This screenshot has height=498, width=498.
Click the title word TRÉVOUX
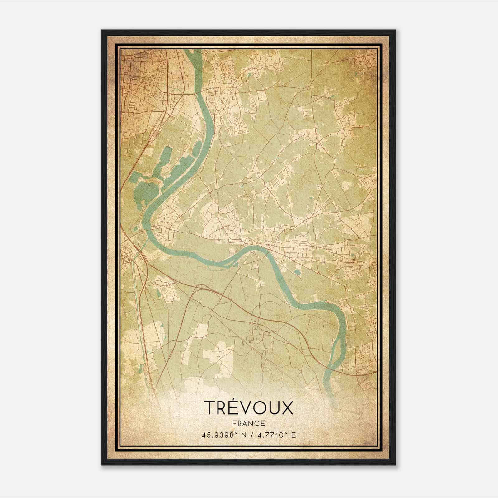(x=249, y=408)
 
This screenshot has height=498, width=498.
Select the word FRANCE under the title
(x=248, y=424)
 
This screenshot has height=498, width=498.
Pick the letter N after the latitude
(x=243, y=435)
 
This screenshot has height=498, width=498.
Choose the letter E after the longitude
(x=293, y=435)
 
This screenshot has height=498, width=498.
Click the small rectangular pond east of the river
(x=298, y=272)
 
